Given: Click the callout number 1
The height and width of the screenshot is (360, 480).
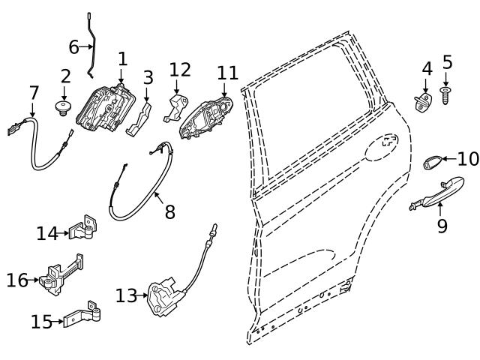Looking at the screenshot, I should [x=122, y=58].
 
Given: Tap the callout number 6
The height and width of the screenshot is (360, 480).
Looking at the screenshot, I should [x=73, y=47].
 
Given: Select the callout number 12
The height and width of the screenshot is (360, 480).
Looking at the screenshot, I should [x=180, y=70].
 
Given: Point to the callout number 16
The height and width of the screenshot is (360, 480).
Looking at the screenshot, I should [x=17, y=280].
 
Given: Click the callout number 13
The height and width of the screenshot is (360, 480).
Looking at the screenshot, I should [x=125, y=295].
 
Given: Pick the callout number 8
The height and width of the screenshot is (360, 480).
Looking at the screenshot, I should [x=170, y=212].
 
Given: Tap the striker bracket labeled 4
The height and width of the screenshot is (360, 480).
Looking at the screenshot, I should [x=424, y=102].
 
